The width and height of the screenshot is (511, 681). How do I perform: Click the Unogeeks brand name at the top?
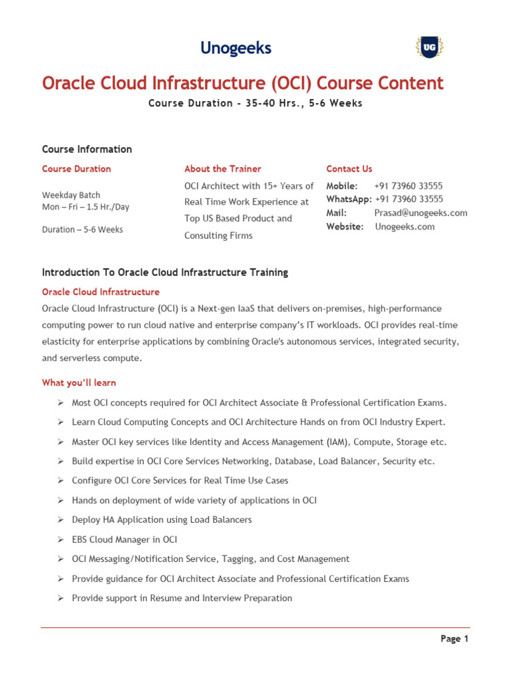(236, 48)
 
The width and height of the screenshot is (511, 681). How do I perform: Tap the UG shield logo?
(429, 47)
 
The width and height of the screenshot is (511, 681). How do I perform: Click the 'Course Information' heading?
(86, 149)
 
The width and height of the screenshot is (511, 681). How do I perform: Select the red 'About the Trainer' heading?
(222, 169)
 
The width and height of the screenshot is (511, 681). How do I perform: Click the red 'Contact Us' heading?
(349, 169)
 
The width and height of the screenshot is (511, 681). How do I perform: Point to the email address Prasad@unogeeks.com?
(421, 213)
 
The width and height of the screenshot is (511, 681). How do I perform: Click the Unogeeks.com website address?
(405, 227)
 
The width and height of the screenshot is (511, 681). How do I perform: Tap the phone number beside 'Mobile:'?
(408, 186)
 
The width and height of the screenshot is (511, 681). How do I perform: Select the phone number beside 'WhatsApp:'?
(409, 199)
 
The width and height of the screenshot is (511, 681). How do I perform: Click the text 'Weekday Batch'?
(71, 195)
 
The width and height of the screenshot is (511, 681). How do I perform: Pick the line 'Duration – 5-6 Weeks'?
(83, 229)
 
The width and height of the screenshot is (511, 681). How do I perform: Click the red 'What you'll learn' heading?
(79, 382)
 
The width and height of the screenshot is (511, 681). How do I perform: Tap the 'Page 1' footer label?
(454, 639)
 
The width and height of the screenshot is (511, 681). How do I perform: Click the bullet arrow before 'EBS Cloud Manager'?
(59, 540)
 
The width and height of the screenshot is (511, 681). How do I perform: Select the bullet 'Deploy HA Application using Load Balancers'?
(162, 520)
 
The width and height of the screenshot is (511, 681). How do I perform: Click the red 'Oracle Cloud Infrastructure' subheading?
(100, 292)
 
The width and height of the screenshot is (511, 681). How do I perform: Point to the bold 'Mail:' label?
(336, 213)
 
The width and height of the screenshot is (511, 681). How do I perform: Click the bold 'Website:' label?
(345, 227)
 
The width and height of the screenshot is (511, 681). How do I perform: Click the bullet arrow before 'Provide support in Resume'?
(59, 599)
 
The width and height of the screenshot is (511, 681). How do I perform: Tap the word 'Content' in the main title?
(407, 84)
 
